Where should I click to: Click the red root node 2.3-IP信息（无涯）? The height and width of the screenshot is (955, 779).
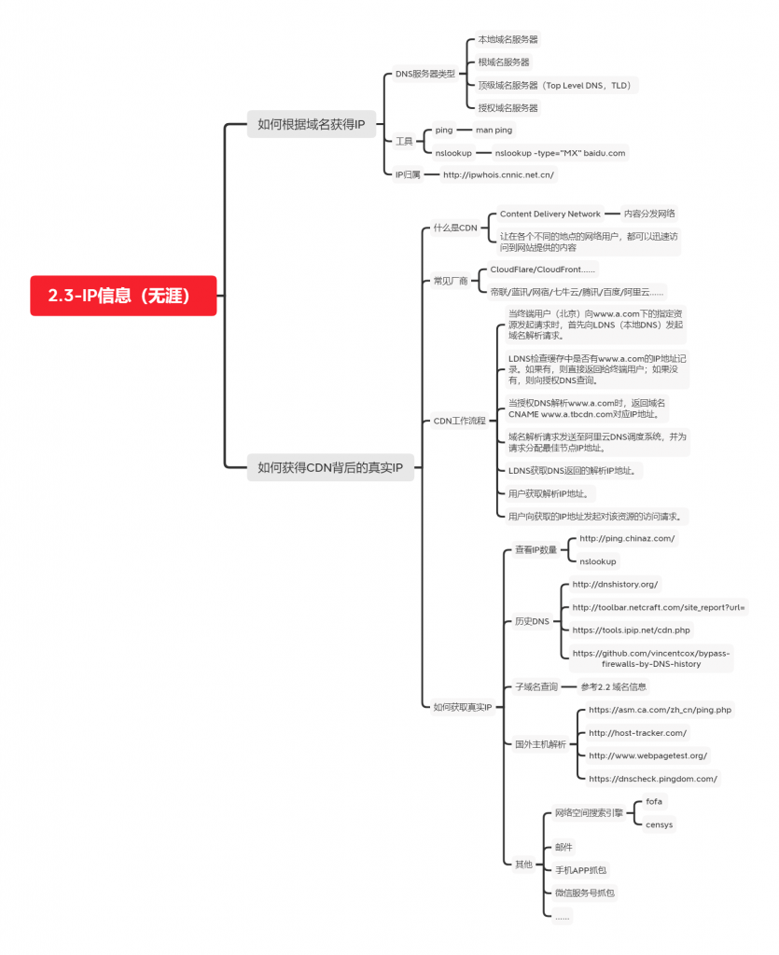[x=123, y=296]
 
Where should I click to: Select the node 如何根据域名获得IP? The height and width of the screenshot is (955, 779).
[x=311, y=123]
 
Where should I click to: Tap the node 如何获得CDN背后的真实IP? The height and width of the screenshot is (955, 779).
[x=330, y=467]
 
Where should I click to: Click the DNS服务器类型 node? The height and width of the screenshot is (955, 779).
[x=424, y=74]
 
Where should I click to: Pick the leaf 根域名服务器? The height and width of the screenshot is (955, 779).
[x=504, y=62]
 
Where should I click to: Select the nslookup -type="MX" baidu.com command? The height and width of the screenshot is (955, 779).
[x=560, y=153]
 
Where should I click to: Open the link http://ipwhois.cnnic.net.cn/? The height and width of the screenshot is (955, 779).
[x=498, y=174]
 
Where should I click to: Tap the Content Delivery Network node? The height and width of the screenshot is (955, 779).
[x=549, y=214]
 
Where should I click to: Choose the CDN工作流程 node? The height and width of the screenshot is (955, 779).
[x=460, y=421]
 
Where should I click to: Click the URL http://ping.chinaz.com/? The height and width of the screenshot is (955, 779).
[x=627, y=538]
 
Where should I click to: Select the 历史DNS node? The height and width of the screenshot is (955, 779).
[x=533, y=620]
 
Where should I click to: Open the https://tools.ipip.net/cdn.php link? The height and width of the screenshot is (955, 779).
[x=631, y=630]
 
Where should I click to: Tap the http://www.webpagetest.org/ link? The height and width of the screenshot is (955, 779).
[x=647, y=755]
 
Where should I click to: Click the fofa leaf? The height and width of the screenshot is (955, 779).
[x=654, y=801]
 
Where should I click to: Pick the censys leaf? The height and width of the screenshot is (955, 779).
[x=659, y=824]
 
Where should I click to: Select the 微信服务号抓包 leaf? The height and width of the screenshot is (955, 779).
[x=584, y=893]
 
